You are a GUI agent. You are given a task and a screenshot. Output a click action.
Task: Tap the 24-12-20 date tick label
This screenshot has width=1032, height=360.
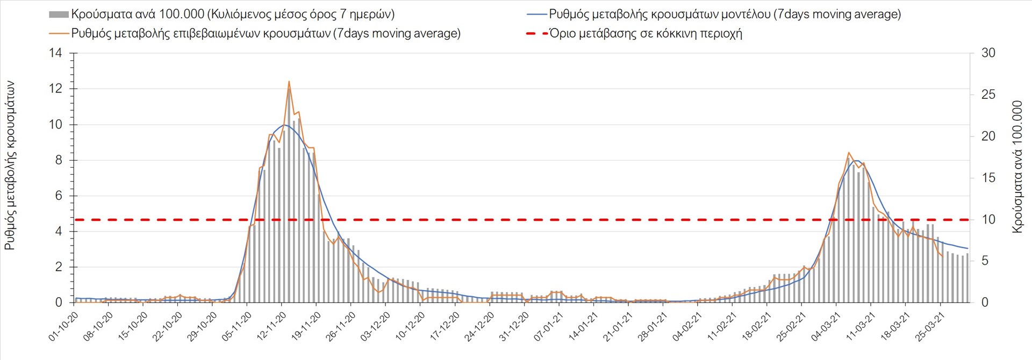pyautogui.click(x=479, y=326)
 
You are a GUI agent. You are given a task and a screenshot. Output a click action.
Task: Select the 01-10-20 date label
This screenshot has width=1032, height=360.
pyautogui.click(x=63, y=326)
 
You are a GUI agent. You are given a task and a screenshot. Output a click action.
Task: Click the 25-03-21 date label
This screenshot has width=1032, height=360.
pyautogui.click(x=929, y=326)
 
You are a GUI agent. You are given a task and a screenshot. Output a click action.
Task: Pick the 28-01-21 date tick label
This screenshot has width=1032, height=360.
pyautogui.click(x=652, y=326)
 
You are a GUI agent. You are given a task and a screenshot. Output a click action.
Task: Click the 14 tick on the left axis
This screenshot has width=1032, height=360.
pyautogui.click(x=55, y=53)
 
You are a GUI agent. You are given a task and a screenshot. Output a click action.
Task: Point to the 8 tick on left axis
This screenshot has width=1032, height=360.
pyautogui.click(x=59, y=160)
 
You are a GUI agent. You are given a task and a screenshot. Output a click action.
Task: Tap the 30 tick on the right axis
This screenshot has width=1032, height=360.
pyautogui.click(x=988, y=53)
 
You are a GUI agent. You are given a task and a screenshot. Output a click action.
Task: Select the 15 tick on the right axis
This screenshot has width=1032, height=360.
pyautogui.click(x=988, y=178)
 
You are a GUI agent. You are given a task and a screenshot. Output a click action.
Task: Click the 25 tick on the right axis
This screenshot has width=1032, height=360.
pyautogui.click(x=988, y=95)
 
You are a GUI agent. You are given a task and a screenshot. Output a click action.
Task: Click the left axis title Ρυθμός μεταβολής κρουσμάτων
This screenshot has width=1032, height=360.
pyautogui.click(x=10, y=165)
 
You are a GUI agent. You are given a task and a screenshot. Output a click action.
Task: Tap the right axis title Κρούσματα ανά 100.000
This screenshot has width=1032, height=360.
pyautogui.click(x=1017, y=167)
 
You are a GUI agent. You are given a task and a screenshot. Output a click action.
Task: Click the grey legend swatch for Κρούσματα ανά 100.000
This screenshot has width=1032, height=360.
pyautogui.click(x=59, y=15)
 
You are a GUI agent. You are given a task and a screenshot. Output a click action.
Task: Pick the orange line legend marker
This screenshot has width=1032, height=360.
pyautogui.click(x=59, y=33)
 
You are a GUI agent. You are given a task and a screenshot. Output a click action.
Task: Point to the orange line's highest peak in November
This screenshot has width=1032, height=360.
pyautogui.click(x=289, y=82)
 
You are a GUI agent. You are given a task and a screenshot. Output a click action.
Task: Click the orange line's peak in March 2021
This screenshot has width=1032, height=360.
pyautogui.click(x=849, y=153)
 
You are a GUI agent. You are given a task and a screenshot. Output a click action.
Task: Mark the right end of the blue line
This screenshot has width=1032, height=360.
pyautogui.click(x=967, y=248)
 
